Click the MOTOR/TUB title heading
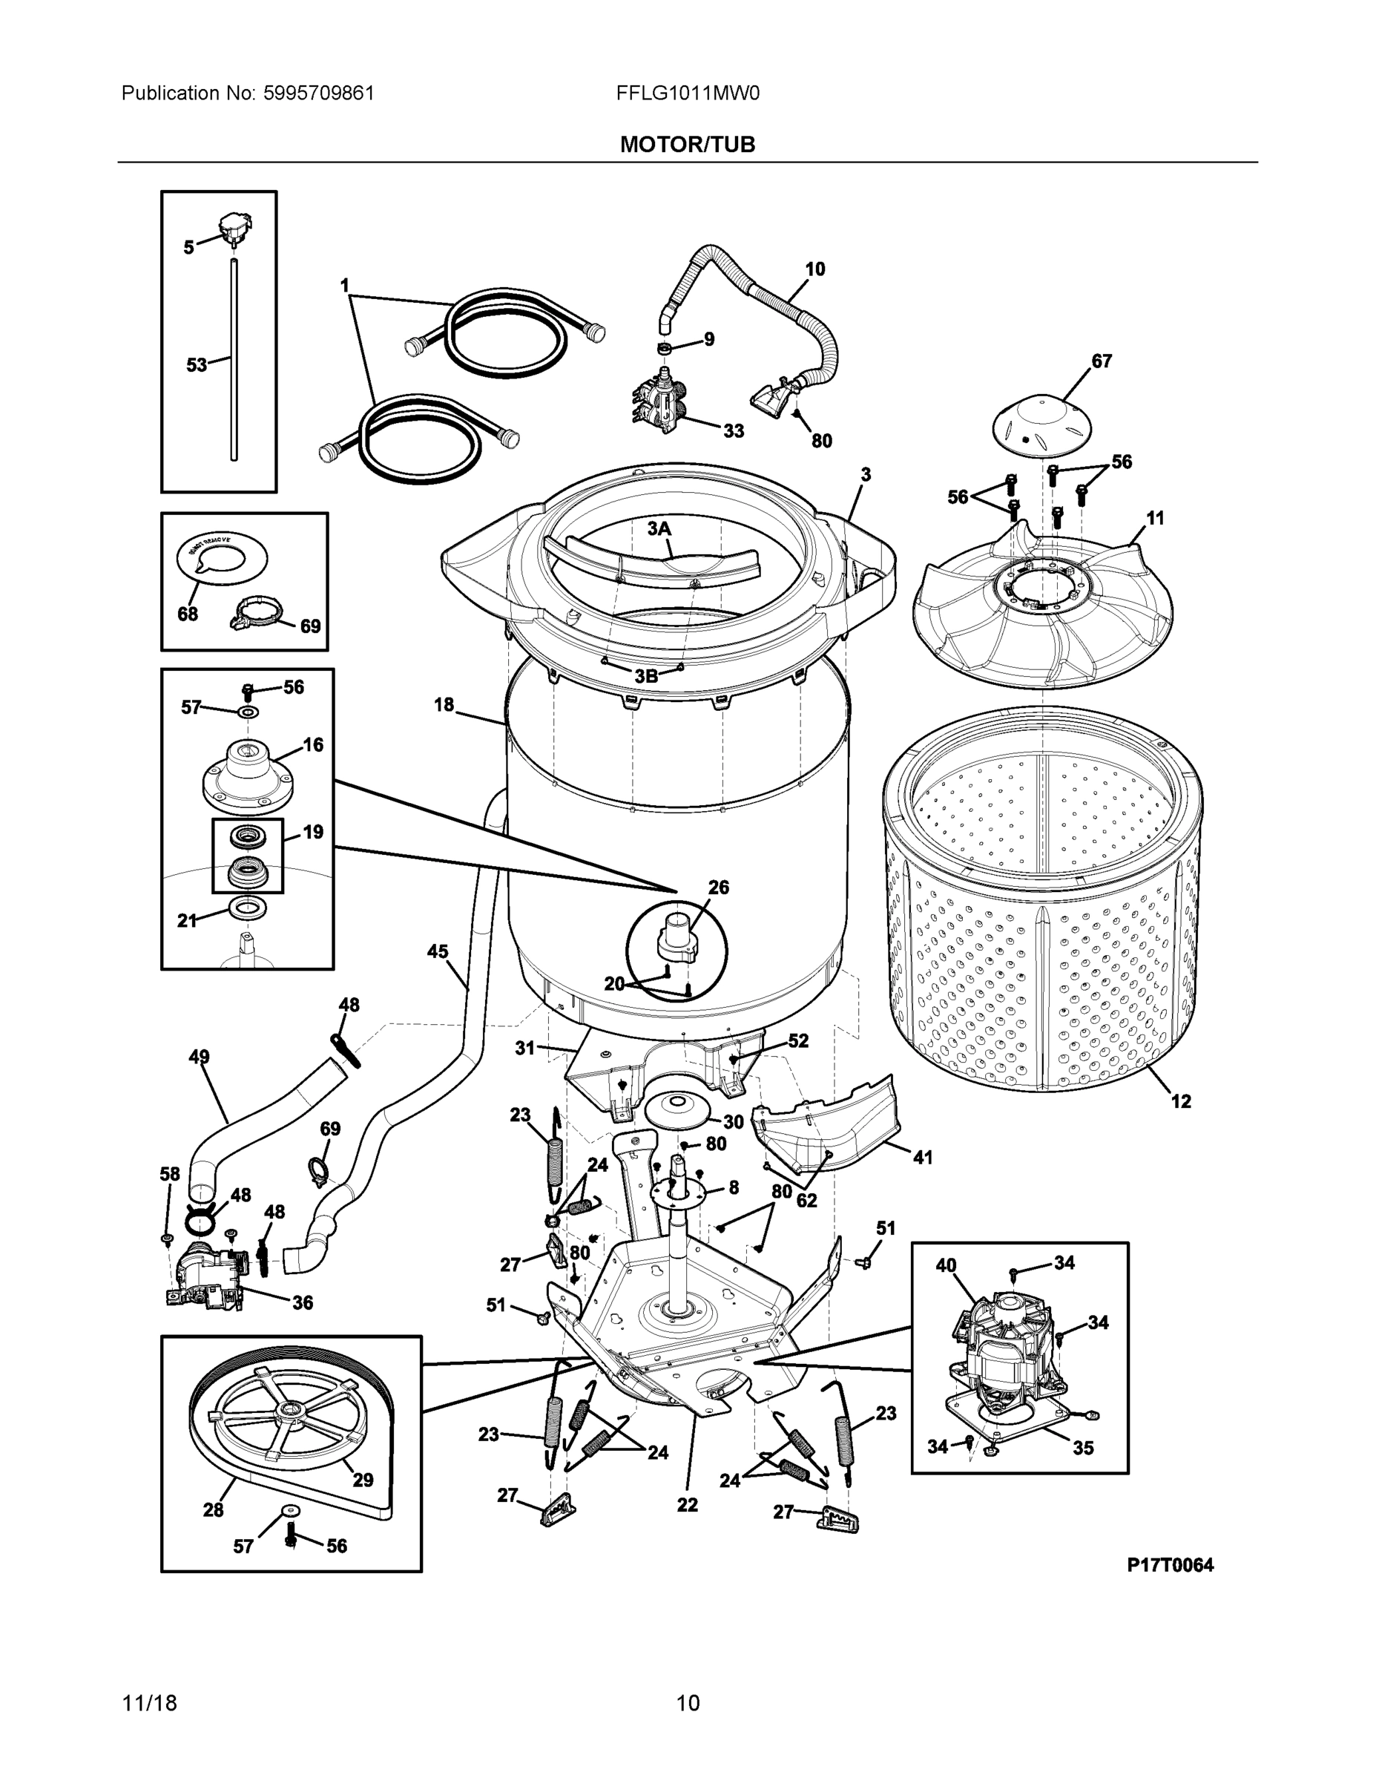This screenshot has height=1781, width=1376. tap(687, 145)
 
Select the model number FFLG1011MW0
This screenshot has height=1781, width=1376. tap(687, 93)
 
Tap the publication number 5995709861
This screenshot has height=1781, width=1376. tap(319, 93)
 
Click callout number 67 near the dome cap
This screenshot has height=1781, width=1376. tap(1102, 361)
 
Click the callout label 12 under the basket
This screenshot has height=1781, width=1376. tap(1180, 1101)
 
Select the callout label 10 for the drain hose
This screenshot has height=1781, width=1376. tap(814, 269)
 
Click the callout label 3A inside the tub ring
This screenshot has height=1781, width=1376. tap(659, 528)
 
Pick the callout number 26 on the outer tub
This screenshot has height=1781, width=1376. tap(718, 887)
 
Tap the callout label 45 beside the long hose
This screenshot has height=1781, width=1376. tap(438, 951)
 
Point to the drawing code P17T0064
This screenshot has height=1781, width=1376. tap(1170, 1565)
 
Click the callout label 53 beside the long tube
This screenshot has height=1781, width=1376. tap(197, 364)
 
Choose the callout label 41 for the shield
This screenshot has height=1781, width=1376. tap(922, 1156)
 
